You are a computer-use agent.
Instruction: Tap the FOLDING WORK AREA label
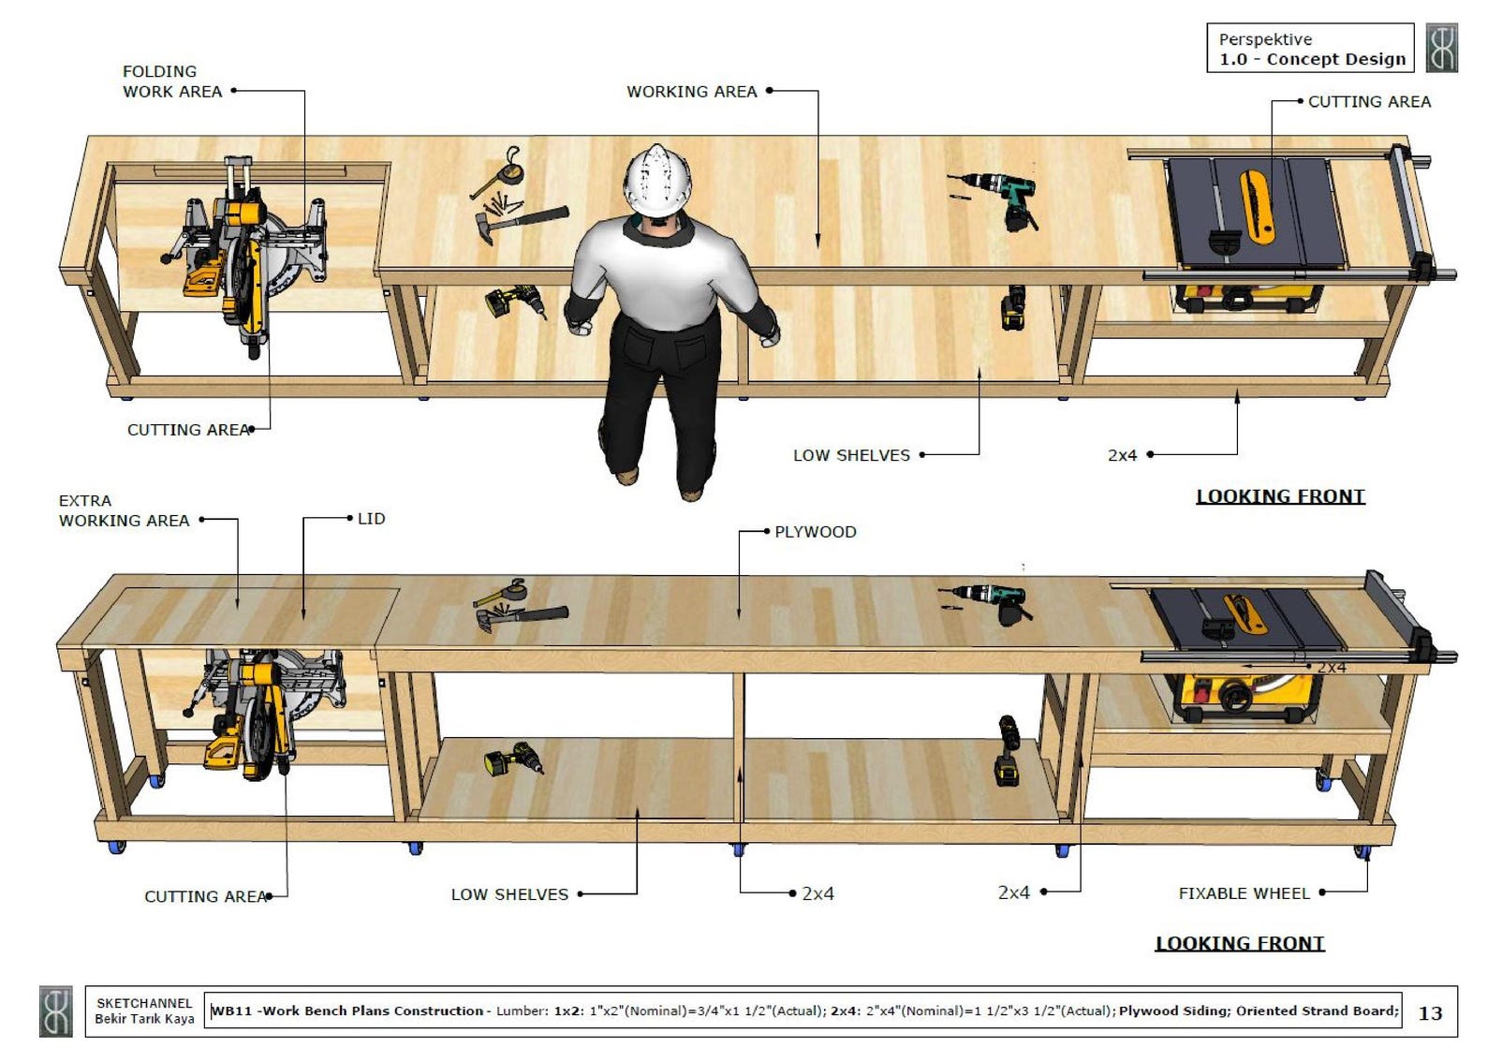tap(171, 81)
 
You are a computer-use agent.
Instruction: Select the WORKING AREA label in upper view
tap(691, 92)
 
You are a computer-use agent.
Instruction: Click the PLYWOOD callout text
tap(815, 532)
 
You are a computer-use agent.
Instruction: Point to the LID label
tap(371, 519)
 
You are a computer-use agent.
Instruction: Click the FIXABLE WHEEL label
tap(1244, 893)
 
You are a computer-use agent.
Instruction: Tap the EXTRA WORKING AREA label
tap(123, 510)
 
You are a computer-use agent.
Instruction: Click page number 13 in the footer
tap(1430, 1013)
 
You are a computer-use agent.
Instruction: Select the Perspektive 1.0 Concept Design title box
tap(1310, 49)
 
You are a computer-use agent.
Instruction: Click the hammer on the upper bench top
tap(520, 223)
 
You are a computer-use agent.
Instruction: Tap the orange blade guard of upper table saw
tap(1256, 205)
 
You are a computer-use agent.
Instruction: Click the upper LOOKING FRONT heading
tap(1280, 496)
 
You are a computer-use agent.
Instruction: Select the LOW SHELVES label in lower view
tap(509, 894)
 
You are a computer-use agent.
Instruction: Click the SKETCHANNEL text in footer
tap(144, 1003)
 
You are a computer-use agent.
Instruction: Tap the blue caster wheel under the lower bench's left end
tap(116, 848)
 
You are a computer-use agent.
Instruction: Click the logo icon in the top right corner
tap(1442, 49)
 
